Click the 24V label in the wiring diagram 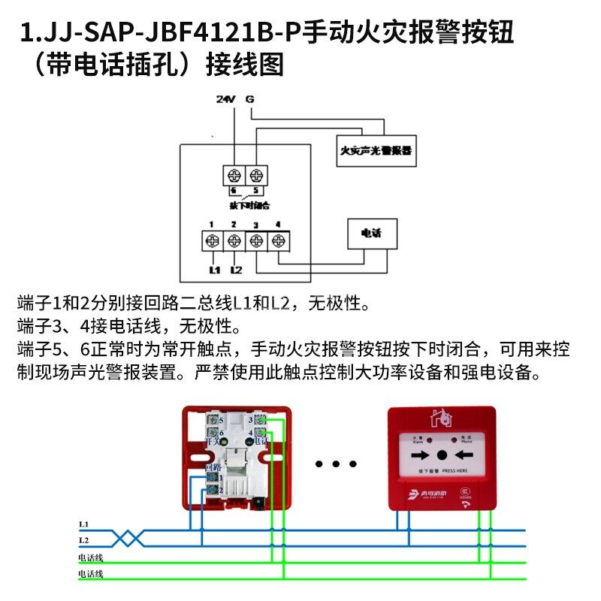[225, 99]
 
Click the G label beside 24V [249, 99]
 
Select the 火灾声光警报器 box [376, 151]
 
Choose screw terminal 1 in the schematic [212, 241]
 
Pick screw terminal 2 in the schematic [234, 241]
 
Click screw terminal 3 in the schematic [257, 241]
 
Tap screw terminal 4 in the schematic [279, 241]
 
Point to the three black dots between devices [334, 464]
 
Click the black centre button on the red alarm [442, 455]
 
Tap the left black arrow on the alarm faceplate [421, 455]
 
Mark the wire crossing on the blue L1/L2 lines [128, 537]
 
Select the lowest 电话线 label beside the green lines [90, 575]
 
